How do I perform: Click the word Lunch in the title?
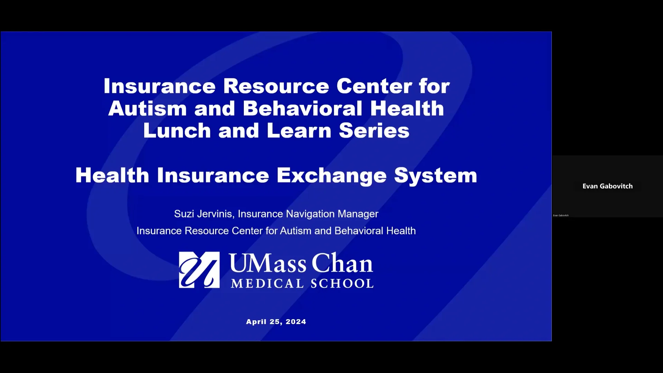[177, 131]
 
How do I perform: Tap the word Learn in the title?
[299, 131]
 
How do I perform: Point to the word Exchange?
[331, 175]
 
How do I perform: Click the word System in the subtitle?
[435, 175]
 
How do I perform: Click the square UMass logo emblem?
[199, 270]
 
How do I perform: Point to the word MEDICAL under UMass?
[267, 284]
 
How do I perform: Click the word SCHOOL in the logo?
[342, 284]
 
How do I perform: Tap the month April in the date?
[256, 322]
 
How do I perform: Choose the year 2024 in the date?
[296, 322]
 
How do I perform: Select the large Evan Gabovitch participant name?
[607, 186]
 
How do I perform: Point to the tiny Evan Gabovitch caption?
[561, 216]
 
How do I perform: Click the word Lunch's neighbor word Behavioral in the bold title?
[302, 109]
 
